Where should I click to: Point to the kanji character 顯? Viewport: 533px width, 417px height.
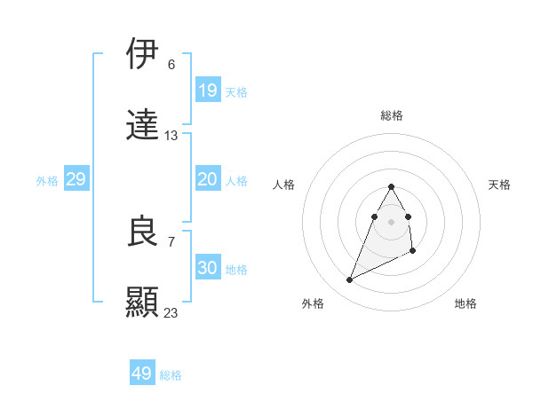(143, 302)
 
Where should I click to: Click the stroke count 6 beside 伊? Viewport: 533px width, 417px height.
(171, 65)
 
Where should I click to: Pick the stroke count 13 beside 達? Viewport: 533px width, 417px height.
(171, 136)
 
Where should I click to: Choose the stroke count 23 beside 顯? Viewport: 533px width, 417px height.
(171, 312)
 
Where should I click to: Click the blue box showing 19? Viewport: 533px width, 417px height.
(208, 90)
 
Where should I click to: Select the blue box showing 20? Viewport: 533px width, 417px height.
(208, 179)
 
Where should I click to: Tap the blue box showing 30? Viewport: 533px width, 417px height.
(208, 268)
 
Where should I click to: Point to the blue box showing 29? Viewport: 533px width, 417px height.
(76, 179)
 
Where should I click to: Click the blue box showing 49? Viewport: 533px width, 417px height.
(142, 374)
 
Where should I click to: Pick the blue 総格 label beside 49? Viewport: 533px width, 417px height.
(171, 375)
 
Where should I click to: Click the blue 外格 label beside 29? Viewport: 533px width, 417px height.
(47, 181)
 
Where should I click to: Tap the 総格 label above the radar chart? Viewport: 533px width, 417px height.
(392, 115)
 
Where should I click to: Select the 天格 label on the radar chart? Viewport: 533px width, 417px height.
(500, 185)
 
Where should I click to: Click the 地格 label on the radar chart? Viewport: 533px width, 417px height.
(465, 304)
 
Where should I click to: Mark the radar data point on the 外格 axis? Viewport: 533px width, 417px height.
(350, 280)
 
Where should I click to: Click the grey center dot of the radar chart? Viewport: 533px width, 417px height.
(392, 221)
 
